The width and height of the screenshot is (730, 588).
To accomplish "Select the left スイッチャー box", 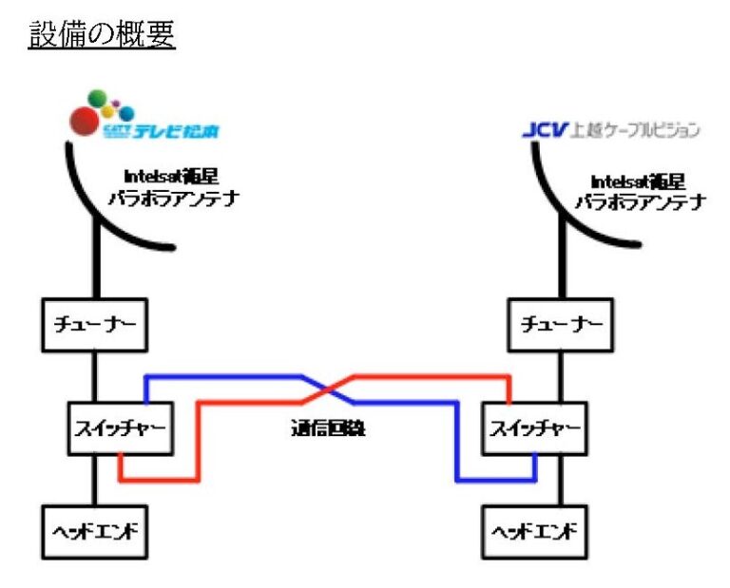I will [120, 428].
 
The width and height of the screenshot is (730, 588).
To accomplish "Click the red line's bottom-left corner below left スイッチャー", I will [121, 479].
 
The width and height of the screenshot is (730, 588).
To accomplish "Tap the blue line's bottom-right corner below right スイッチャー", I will [535, 479].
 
